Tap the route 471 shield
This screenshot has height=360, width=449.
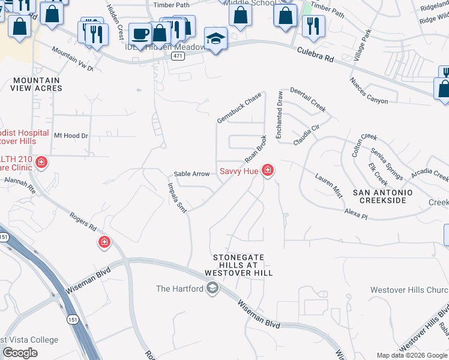[177, 56]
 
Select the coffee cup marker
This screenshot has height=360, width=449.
[140, 34]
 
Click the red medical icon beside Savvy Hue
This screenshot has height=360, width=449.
[268, 172]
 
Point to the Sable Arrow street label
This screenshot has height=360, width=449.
[191, 174]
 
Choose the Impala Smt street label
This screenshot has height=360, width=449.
[176, 197]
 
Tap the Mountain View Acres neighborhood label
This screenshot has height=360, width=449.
[36, 84]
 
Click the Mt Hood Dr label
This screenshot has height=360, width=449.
[71, 136]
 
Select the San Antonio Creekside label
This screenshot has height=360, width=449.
[382, 196]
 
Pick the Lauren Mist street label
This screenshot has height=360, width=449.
[328, 185]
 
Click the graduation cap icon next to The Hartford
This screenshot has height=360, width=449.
[212, 289]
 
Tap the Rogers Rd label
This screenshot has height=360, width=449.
[83, 221]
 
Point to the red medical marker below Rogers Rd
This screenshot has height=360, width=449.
[104, 242]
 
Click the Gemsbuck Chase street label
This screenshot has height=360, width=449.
[239, 108]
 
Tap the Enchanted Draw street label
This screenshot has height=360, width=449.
[279, 115]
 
